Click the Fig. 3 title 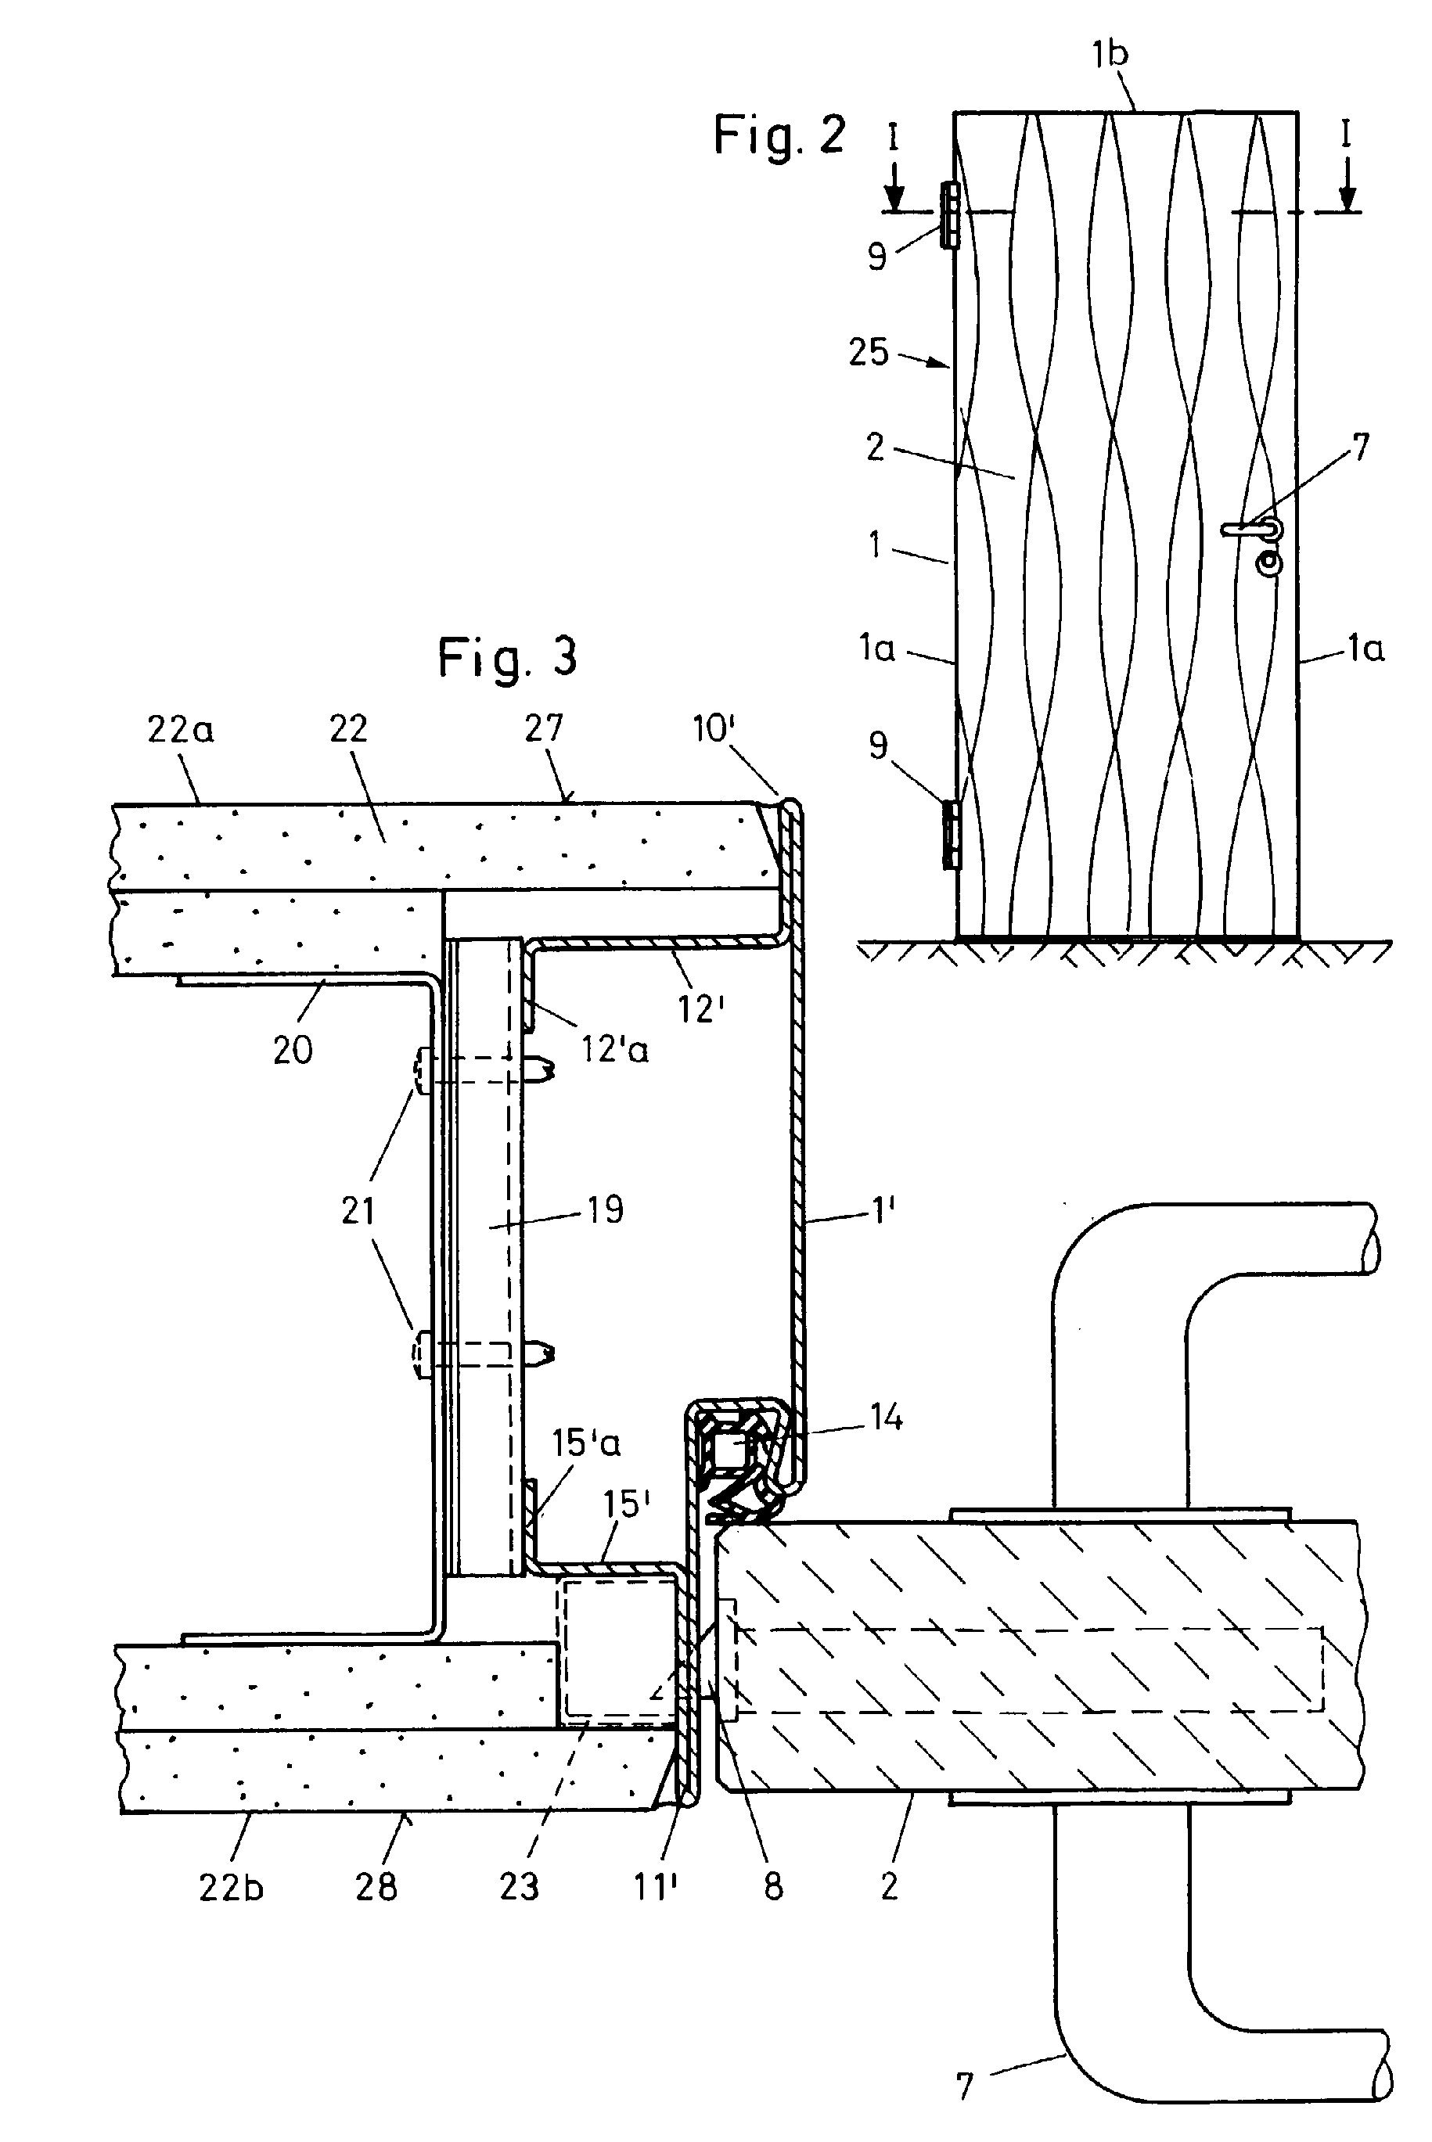pyautogui.click(x=508, y=657)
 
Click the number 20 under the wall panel pyautogui.click(x=292, y=1051)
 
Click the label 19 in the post pyautogui.click(x=605, y=1209)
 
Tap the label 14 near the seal pyautogui.click(x=885, y=1418)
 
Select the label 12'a pyautogui.click(x=614, y=1050)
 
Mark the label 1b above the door pyautogui.click(x=1110, y=54)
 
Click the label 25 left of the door pyautogui.click(x=868, y=350)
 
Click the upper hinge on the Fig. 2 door pyautogui.click(x=950, y=214)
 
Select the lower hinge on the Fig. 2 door pyautogui.click(x=951, y=835)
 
